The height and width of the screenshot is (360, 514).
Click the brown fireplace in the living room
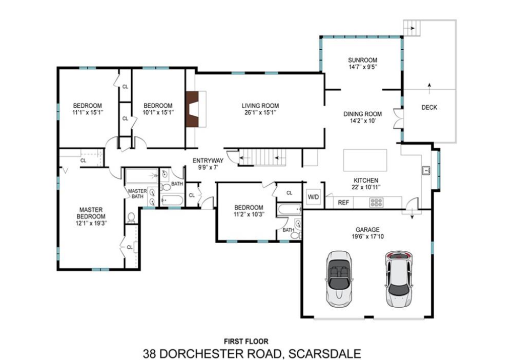[x=192, y=109]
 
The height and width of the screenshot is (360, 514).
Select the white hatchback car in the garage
[x=399, y=279]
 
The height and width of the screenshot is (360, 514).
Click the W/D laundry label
[x=313, y=197]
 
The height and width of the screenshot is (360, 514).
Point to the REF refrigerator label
[x=343, y=203]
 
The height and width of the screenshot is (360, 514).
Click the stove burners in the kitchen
[x=376, y=203]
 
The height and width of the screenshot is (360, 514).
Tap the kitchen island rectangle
[x=365, y=160]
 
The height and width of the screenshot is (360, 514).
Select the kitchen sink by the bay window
[x=426, y=171]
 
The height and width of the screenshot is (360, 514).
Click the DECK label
[x=429, y=107]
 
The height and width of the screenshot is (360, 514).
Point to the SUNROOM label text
[x=362, y=60]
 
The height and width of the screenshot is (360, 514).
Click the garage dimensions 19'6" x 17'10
[x=367, y=236]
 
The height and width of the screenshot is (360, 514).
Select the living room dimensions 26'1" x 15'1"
[x=260, y=112]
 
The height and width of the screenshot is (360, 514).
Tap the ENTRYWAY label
[x=208, y=161]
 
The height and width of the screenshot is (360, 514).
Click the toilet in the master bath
[x=132, y=217]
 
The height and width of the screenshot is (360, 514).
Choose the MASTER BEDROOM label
[x=91, y=213]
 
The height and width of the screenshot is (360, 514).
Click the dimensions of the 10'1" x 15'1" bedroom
[x=158, y=112]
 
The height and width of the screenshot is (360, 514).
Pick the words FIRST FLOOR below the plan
[x=246, y=342]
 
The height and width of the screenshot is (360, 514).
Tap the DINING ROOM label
[x=362, y=114]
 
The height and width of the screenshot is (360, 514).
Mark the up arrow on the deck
[x=429, y=87]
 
